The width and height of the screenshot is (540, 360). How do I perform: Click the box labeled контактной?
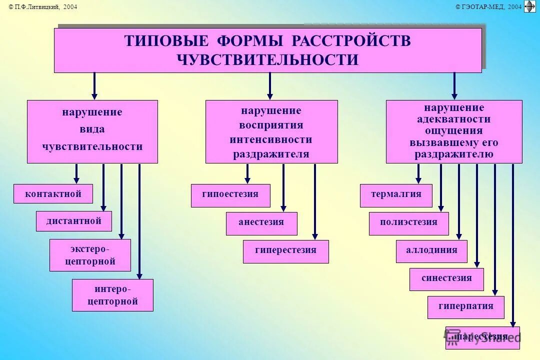[53, 194]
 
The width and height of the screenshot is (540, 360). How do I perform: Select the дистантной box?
[73, 221]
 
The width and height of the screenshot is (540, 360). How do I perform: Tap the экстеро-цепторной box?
[90, 255]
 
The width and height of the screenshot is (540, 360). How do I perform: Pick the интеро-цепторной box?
[112, 295]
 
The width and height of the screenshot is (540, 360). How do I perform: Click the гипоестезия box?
[230, 195]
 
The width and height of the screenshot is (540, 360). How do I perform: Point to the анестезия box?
[261, 223]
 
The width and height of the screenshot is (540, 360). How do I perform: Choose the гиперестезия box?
[285, 251]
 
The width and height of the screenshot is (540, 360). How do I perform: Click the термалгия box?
[396, 195]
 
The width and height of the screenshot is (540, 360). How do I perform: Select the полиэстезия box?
[408, 223]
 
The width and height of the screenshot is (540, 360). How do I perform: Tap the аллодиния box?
[431, 251]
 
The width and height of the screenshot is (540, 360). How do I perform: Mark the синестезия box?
[446, 279]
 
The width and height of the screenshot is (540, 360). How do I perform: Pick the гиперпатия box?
[465, 307]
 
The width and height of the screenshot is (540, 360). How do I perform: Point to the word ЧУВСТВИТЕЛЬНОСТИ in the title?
[267, 60]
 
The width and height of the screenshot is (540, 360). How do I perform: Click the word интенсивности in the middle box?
[271, 140]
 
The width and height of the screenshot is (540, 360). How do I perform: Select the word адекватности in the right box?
[454, 119]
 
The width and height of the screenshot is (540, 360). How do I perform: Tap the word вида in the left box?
[92, 129]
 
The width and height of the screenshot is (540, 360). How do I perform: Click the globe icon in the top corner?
[529, 6]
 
